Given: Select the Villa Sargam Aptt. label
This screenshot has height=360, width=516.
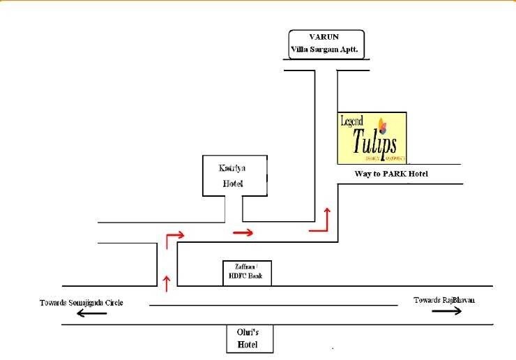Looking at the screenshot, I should coord(326,51).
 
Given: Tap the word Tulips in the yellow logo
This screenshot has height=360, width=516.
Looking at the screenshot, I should coord(374,141).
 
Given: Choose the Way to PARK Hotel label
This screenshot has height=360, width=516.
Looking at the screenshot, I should coord(391,173).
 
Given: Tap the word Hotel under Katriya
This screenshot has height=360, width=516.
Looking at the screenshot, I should coord(233,184).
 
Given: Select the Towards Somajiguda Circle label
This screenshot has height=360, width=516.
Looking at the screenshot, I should coord(82,302).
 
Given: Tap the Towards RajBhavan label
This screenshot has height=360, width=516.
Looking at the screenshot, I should coord(444,300).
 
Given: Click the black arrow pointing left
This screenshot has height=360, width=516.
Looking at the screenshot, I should coord(91,313).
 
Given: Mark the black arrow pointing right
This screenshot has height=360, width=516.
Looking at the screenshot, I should coord(446,311).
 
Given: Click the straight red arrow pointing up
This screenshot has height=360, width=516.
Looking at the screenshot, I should coord(166,282).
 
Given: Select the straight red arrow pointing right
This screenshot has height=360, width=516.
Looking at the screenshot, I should coord(243,232).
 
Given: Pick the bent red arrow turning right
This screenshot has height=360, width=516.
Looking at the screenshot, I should coord(173,239).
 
